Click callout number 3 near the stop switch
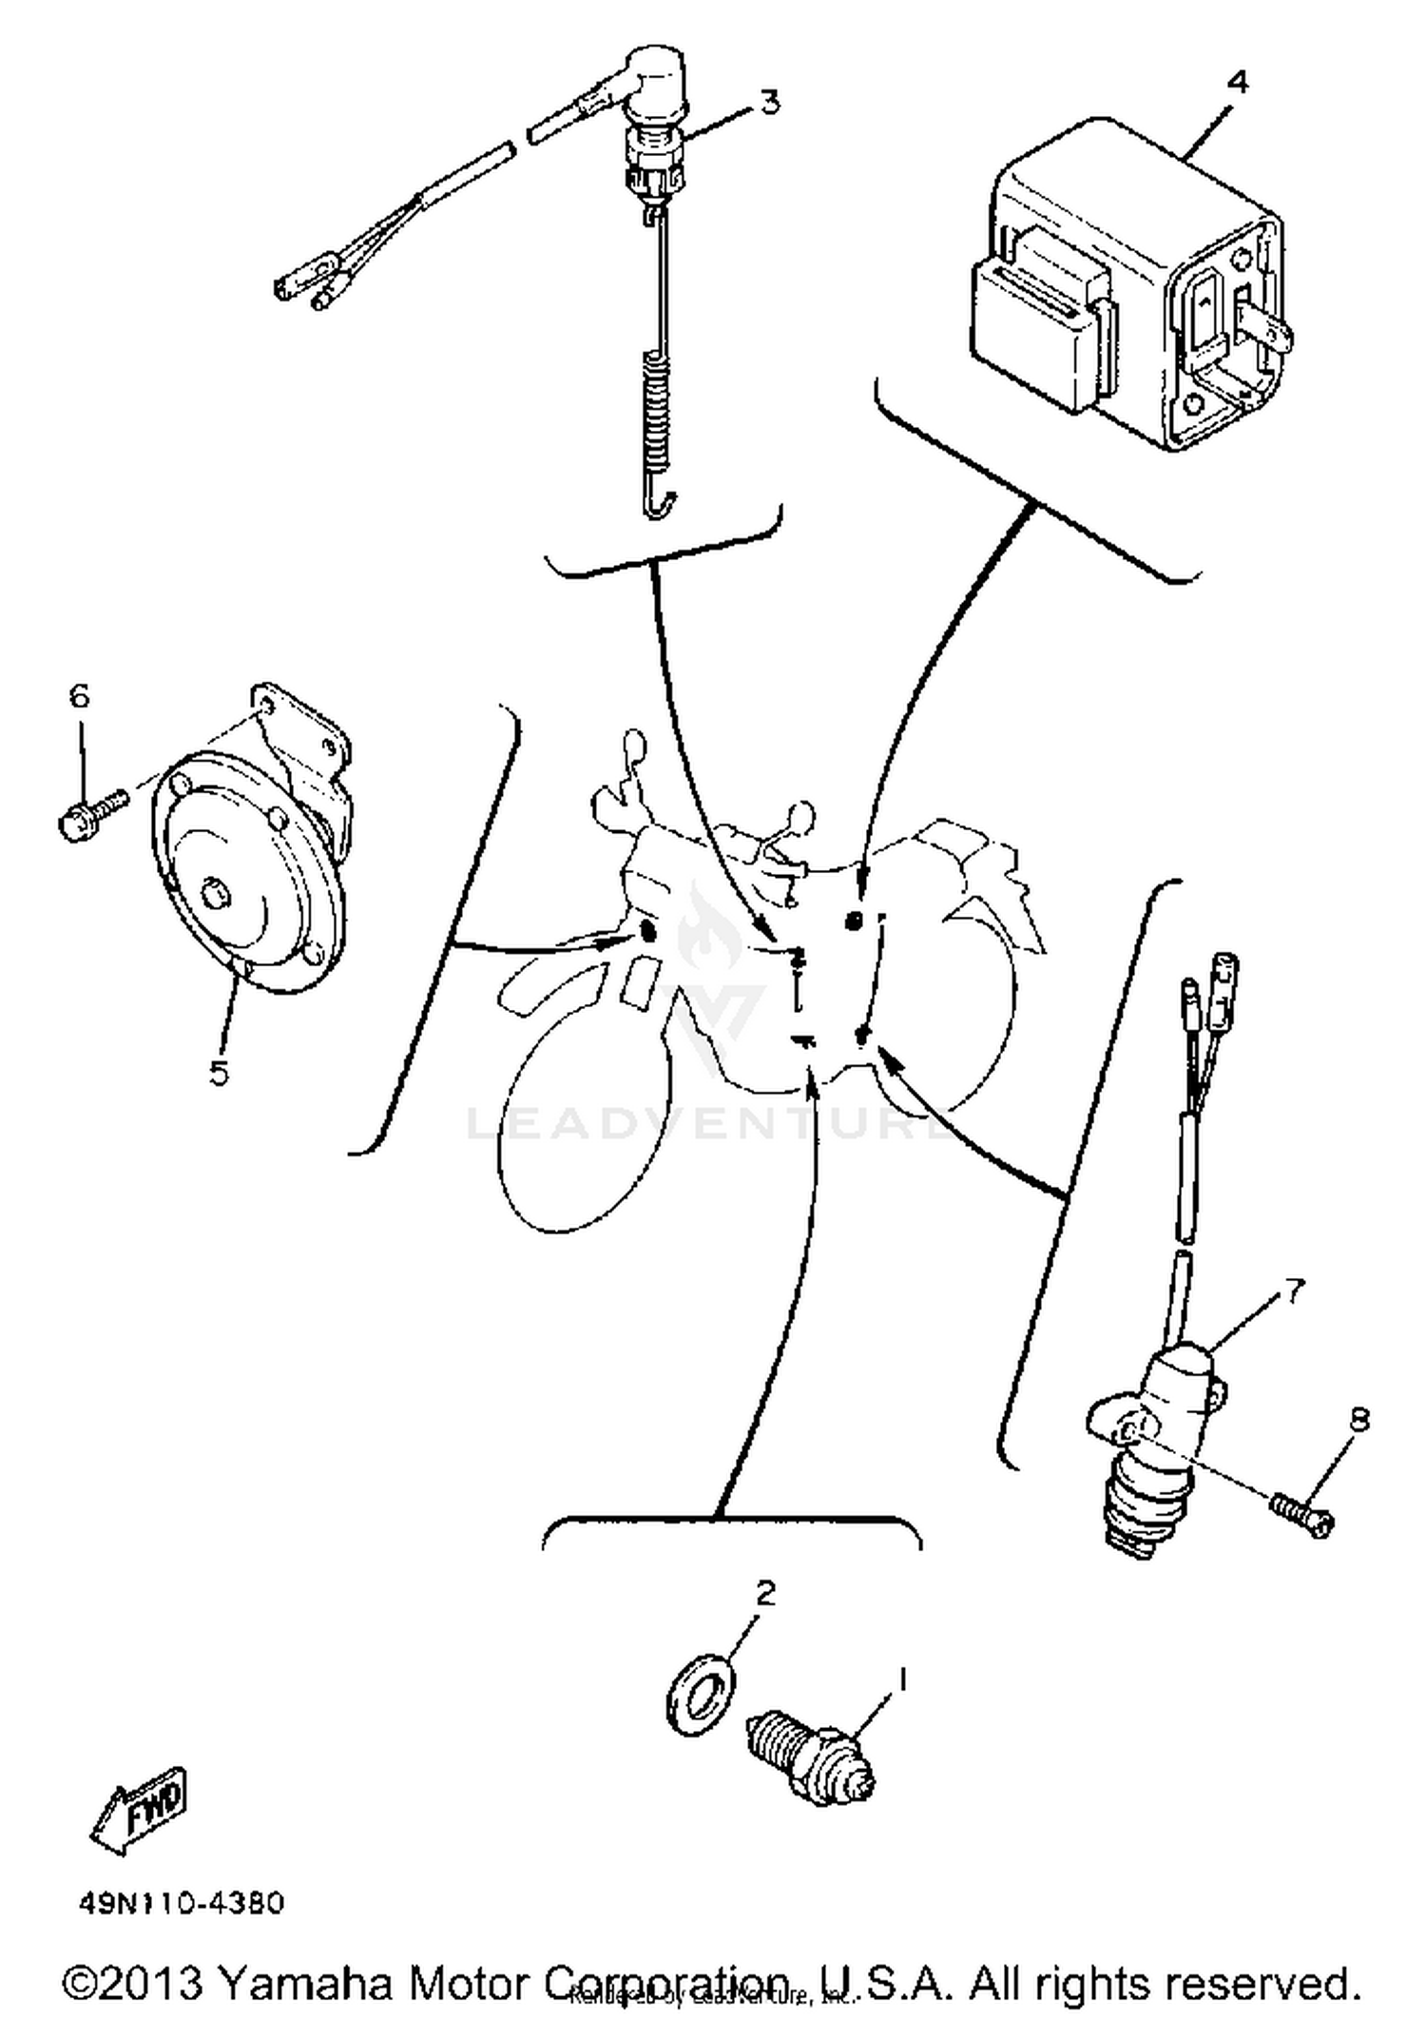pyautogui.click(x=769, y=101)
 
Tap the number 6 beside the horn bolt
pyautogui.click(x=79, y=696)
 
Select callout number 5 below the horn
pyautogui.click(x=218, y=1073)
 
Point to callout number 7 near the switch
pyautogui.click(x=1294, y=1291)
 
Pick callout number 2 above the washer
pyautogui.click(x=765, y=1592)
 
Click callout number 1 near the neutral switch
pyautogui.click(x=902, y=1679)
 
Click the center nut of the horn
pyautogui.click(x=216, y=894)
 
